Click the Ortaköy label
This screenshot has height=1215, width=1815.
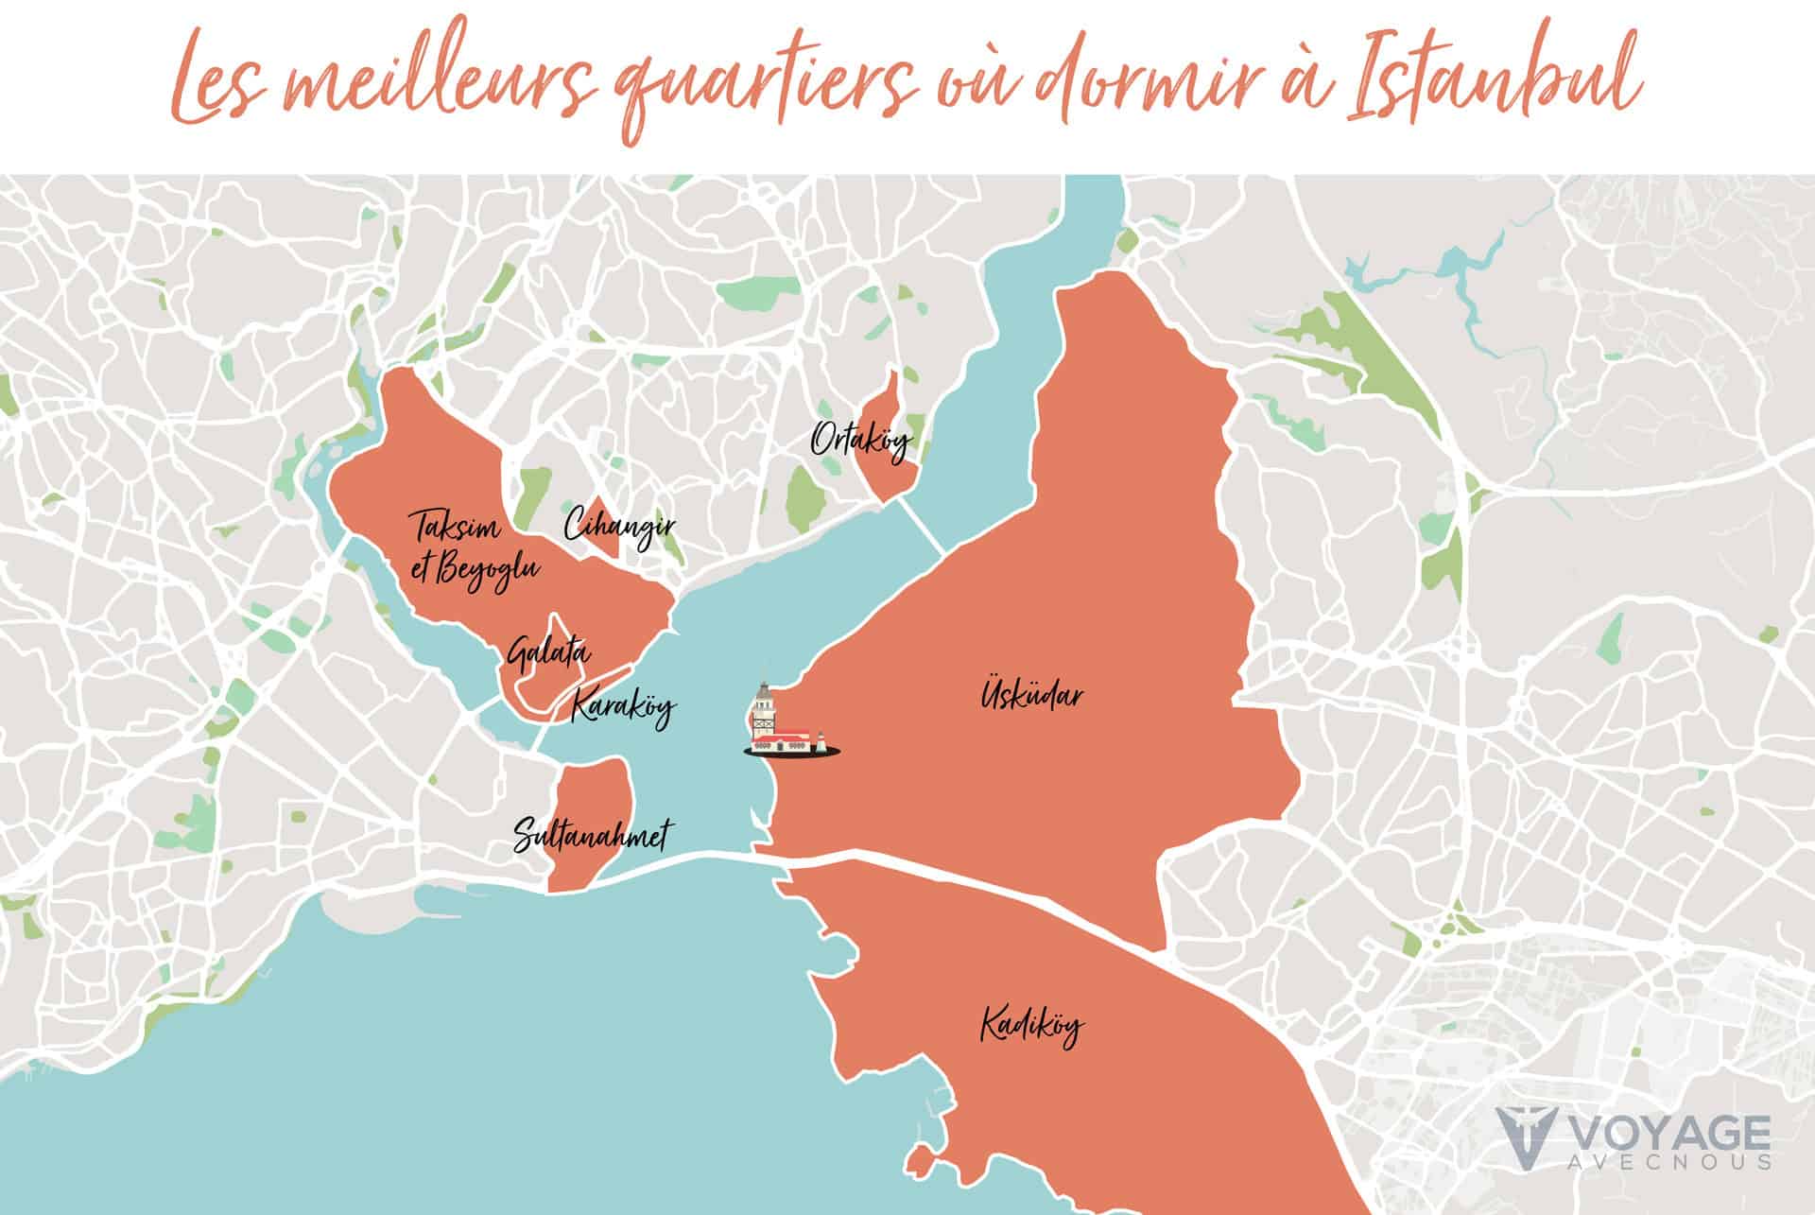coord(860,441)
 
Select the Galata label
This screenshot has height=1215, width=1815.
coord(548,653)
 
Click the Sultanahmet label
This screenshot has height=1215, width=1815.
coord(594,836)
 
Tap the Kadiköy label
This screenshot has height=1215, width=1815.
coord(1032,1026)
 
